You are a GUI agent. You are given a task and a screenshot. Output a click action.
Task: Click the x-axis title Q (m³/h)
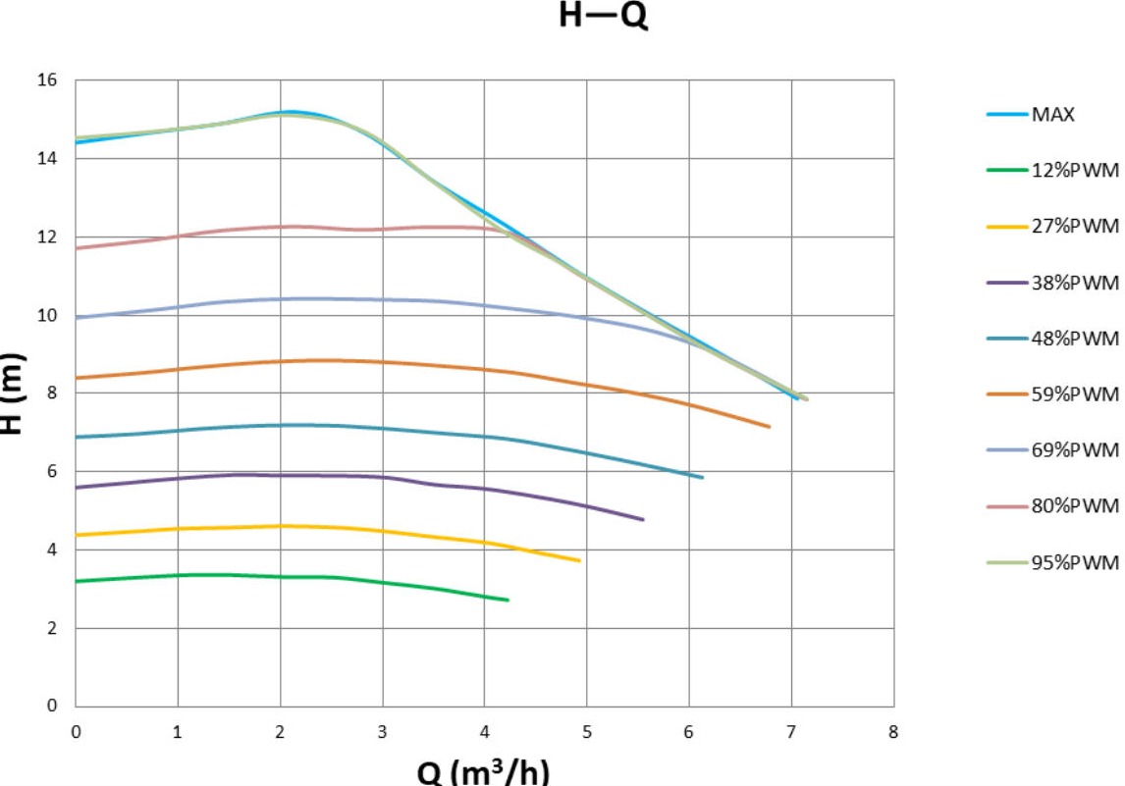(484, 770)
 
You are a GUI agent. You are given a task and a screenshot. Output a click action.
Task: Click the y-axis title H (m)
(13, 393)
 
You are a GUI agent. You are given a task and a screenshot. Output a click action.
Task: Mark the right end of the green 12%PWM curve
(508, 600)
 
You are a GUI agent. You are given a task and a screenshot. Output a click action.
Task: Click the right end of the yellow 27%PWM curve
(580, 560)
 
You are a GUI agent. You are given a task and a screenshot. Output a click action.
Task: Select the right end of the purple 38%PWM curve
(643, 519)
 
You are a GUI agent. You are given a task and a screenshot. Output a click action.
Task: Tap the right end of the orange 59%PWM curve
(770, 427)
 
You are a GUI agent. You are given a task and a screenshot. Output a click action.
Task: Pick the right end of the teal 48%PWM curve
(703, 478)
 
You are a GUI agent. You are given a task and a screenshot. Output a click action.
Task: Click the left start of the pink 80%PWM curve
(77, 248)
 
